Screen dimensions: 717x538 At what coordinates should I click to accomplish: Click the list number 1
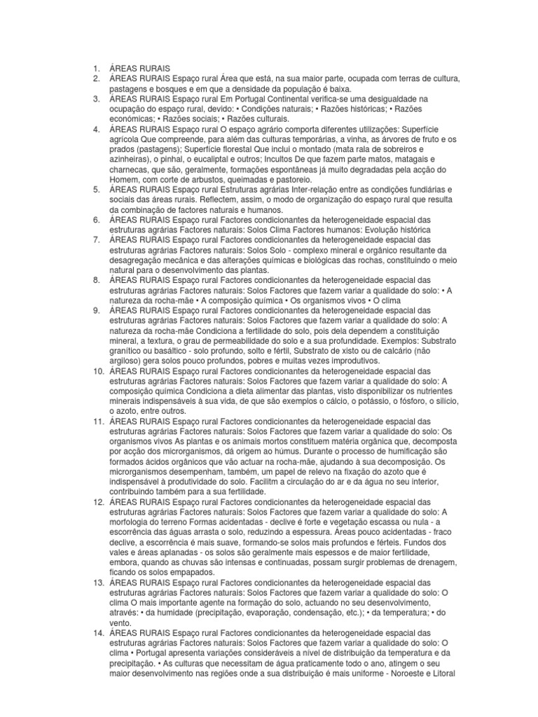[x=95, y=69]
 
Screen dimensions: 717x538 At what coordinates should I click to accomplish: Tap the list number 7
[x=95, y=240]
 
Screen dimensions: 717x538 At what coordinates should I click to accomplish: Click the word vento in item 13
[x=120, y=622]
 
